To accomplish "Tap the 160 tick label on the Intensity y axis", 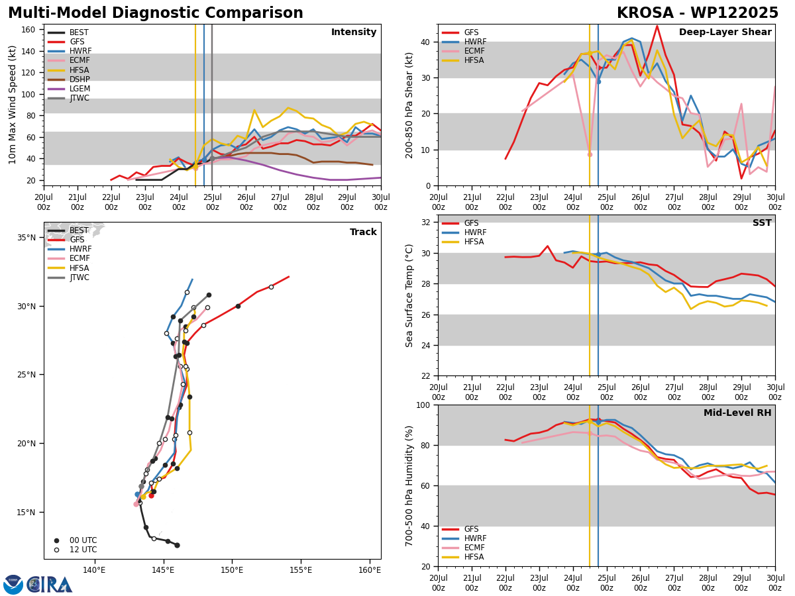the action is (28, 30).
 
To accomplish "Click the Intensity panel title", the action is (354, 32).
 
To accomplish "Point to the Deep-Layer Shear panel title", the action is (725, 32).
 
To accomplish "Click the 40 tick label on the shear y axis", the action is (425, 42).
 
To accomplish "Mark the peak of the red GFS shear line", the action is (657, 26).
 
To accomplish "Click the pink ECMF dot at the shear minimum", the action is (590, 154).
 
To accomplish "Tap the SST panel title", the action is (762, 223).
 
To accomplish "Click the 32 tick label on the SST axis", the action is (425, 223).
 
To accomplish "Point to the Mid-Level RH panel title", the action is (737, 413).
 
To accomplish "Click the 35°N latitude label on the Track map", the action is (26, 238).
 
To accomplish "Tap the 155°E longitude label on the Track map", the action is (301, 570).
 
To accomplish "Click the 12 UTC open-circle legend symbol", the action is (56, 550).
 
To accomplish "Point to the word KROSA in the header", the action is (645, 13).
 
